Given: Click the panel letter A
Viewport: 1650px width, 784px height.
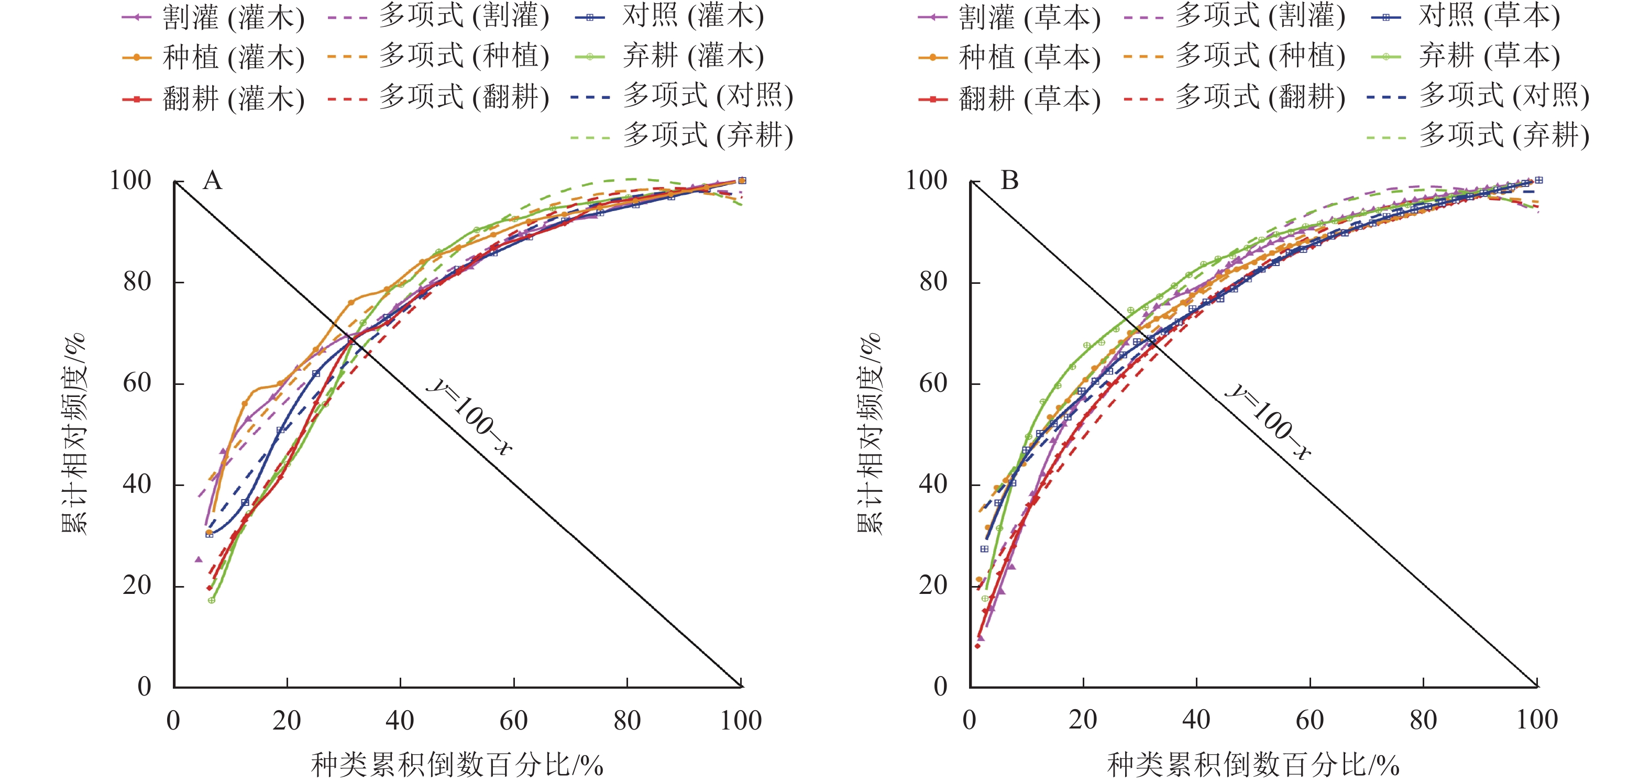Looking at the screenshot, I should tap(213, 181).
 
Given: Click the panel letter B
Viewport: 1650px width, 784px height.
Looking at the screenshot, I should tap(1009, 181).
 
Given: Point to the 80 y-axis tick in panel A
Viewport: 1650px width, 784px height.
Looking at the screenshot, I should tap(137, 281).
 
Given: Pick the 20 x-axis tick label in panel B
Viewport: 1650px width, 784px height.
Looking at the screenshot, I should tap(1083, 721).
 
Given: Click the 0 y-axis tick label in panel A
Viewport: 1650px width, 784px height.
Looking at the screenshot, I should tap(145, 687).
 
